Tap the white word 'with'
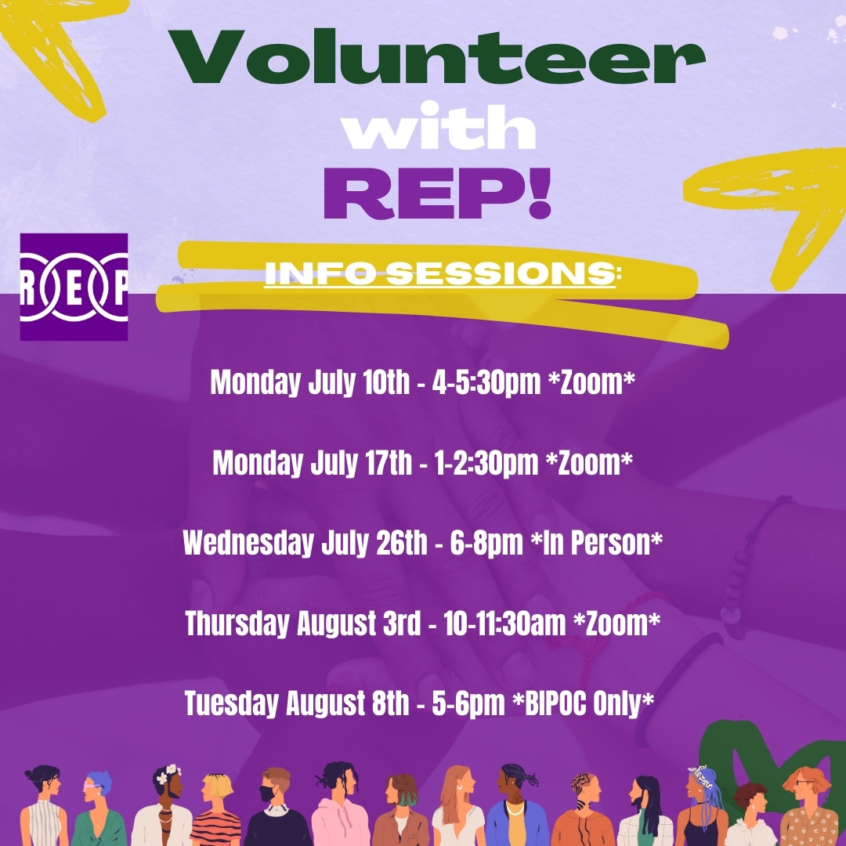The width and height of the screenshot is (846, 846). coord(438,128)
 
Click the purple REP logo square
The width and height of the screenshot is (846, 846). coord(74,287)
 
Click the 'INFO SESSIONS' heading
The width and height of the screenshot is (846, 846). coord(439,273)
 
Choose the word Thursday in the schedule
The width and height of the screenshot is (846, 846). coord(237,624)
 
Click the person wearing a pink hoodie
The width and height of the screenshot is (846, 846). coord(339,807)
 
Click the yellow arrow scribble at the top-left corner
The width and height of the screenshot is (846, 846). coord(63,47)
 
